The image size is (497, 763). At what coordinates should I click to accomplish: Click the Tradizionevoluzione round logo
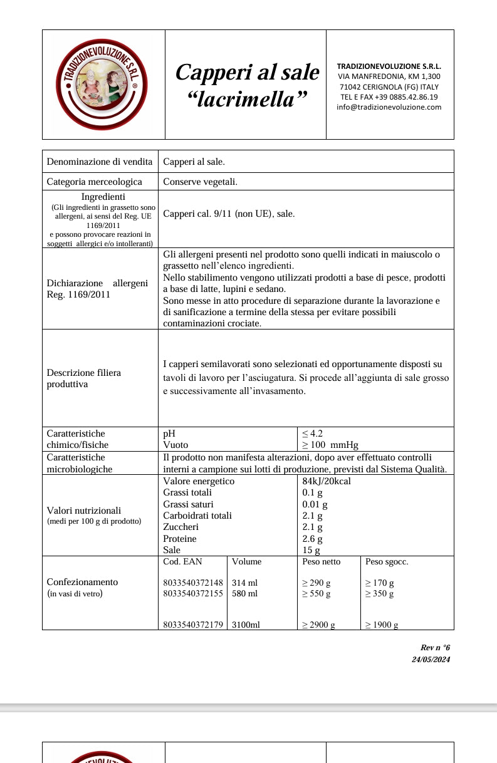102,84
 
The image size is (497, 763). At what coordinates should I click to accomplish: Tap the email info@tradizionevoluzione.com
389,107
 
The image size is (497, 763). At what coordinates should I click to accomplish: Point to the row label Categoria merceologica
94,182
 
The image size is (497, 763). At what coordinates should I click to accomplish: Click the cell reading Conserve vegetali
200,182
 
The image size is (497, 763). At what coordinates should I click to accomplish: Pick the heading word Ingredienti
103,197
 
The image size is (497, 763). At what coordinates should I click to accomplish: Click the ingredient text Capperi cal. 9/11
197,214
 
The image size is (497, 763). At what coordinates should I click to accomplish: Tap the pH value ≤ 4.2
313,433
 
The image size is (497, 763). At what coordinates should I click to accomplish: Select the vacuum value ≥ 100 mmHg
330,445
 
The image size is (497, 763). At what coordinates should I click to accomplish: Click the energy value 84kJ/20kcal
327,481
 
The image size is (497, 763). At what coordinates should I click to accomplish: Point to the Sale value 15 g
311,551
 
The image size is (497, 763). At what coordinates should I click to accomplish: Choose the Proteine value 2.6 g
312,539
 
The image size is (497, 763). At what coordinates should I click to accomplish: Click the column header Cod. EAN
182,562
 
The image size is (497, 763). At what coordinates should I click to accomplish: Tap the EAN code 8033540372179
193,625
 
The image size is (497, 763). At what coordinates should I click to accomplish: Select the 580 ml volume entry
244,593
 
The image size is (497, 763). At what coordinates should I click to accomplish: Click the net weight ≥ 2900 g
318,625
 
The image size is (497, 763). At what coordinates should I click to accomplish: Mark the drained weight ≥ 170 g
379,583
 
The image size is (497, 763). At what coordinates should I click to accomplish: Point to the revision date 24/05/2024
431,659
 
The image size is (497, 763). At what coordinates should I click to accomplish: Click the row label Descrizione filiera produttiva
84,378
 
